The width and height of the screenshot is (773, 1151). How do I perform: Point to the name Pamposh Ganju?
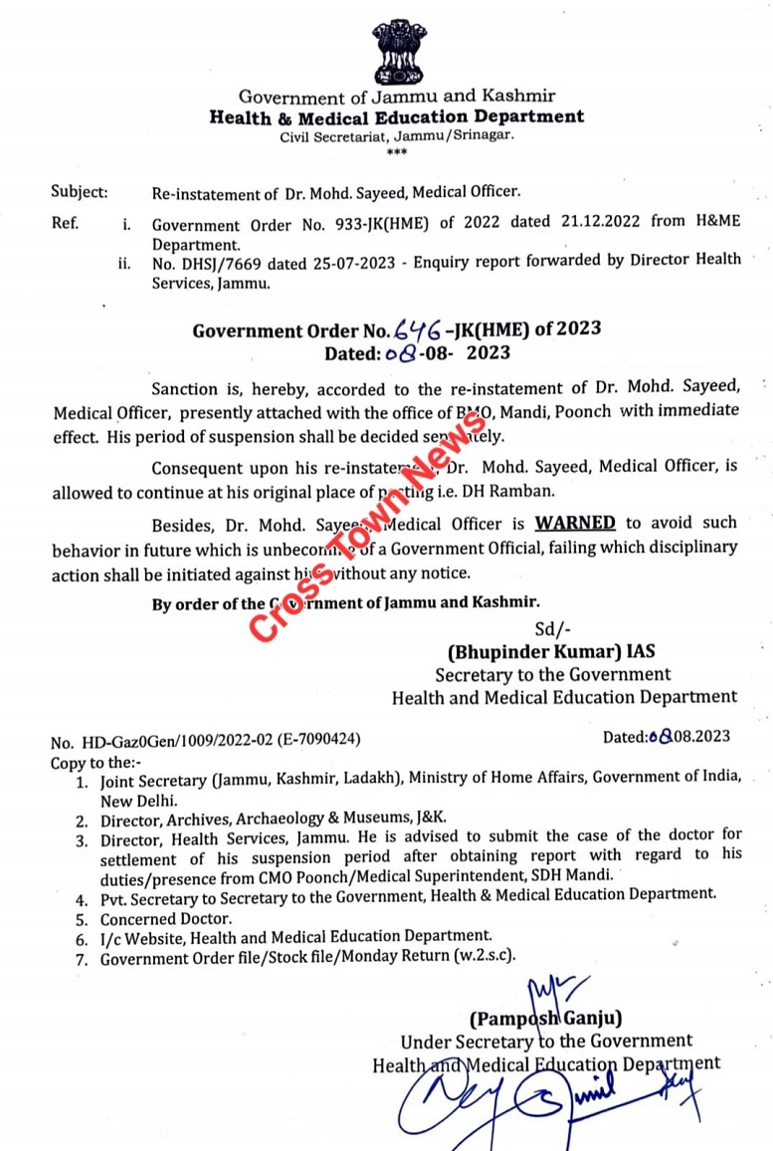coord(546,1018)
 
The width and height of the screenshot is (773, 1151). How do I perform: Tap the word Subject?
coord(79,193)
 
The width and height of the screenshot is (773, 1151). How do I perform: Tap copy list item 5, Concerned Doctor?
coord(165,918)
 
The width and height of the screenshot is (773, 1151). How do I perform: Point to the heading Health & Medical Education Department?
coord(396,116)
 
